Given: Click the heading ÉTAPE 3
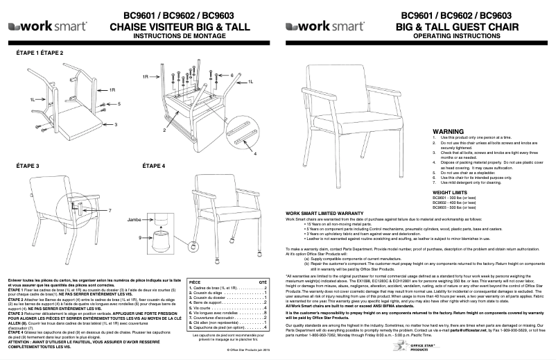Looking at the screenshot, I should (x=28, y=166).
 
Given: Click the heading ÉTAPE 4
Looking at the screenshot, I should (x=154, y=166).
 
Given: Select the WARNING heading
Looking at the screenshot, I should (x=448, y=130).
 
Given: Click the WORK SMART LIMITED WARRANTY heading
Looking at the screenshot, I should (x=325, y=212).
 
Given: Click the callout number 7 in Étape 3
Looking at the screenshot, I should (x=110, y=209).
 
